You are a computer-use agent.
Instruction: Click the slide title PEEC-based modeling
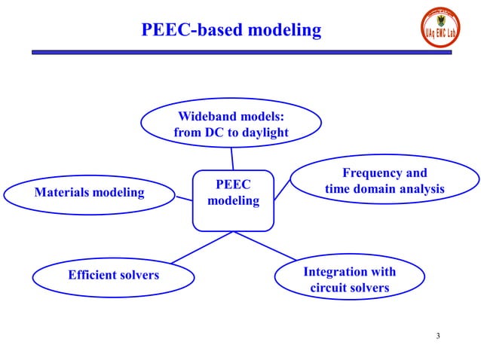pyautogui.click(x=231, y=30)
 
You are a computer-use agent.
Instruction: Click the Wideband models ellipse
pyautogui.click(x=231, y=124)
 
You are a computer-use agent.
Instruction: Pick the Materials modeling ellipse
pyautogui.click(x=89, y=193)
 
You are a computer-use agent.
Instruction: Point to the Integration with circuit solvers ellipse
pyautogui.click(x=349, y=279)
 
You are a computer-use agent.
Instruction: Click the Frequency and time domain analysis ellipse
pyautogui.click(x=384, y=182)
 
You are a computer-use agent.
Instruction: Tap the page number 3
pyautogui.click(x=438, y=335)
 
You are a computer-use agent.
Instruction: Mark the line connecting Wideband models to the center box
pyautogui.click(x=232, y=157)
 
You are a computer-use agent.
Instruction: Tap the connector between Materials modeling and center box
pyautogui.click(x=183, y=198)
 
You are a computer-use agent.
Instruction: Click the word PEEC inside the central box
pyautogui.click(x=233, y=185)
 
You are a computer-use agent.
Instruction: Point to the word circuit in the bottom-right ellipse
pyautogui.click(x=331, y=288)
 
